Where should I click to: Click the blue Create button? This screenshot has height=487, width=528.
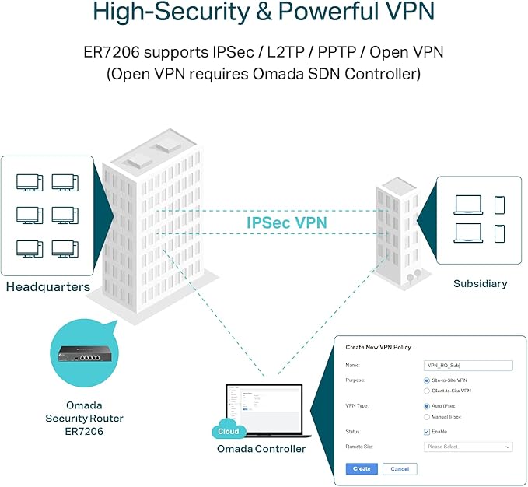click(362, 469)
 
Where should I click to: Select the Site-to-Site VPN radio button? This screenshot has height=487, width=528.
click(427, 380)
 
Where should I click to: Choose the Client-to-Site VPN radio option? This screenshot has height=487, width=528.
click(427, 391)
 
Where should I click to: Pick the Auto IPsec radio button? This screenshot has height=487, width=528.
click(427, 406)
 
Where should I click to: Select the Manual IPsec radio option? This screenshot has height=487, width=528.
click(427, 417)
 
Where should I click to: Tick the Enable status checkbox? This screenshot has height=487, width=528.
click(427, 431)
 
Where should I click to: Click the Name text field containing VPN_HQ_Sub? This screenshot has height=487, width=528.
click(468, 365)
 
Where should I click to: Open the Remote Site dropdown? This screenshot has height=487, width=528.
click(468, 447)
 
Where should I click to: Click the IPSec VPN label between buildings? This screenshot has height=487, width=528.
click(287, 222)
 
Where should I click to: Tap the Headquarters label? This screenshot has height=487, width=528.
click(48, 287)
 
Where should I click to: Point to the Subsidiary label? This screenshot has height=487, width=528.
click(480, 284)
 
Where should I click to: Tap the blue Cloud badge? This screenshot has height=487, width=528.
click(228, 431)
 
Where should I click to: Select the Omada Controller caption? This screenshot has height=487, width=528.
click(261, 449)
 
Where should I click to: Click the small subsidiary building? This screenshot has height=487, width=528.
click(401, 229)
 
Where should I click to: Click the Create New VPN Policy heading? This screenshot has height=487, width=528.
click(378, 347)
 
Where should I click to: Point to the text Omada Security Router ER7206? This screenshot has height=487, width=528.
click(84, 419)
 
